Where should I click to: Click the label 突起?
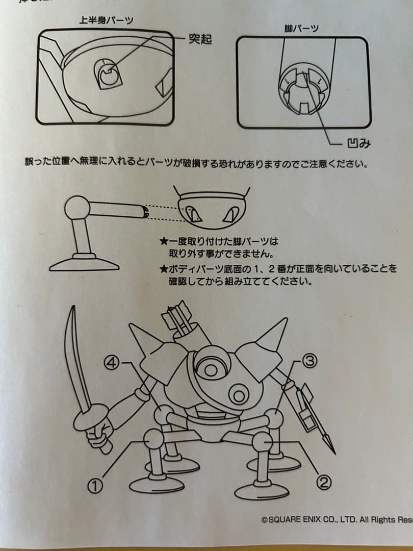pos(200,38)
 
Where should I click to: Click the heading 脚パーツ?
pos(301,29)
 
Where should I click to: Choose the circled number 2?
pos(324,481)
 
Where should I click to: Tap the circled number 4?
pos(112,363)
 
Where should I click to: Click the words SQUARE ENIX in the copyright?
pos(300,519)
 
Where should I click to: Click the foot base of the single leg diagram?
pos(85,263)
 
